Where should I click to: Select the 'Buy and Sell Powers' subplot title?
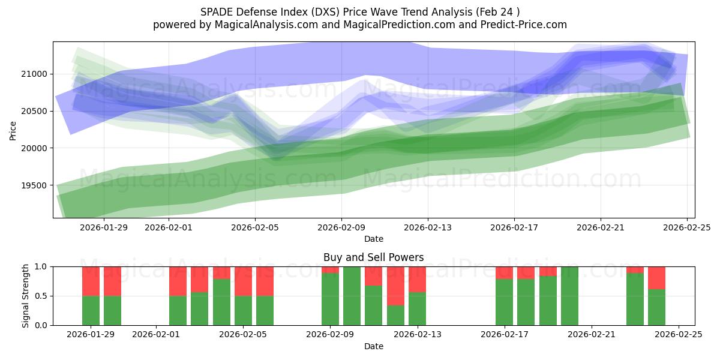(x=373, y=257)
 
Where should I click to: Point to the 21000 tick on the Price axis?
(x=37, y=74)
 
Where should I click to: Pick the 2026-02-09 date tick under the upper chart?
(x=341, y=227)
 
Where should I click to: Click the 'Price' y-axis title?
(x=13, y=130)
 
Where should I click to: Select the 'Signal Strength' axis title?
(x=25, y=296)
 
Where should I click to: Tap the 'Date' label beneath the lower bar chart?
(x=373, y=346)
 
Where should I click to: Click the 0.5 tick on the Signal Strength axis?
(x=42, y=296)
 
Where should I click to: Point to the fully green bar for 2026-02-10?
(x=352, y=296)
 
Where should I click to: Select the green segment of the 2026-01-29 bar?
(x=91, y=310)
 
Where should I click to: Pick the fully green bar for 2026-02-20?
(x=569, y=296)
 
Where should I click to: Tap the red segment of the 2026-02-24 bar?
(x=656, y=278)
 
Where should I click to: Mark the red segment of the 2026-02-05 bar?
(x=243, y=281)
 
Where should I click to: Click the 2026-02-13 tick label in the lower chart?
(x=417, y=334)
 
